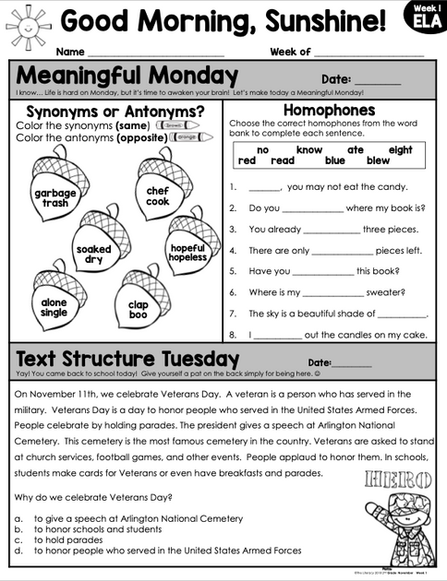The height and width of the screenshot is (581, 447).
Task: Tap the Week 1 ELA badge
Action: pyautogui.click(x=427, y=17)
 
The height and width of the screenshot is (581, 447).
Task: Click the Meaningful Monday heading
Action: pyautogui.click(x=127, y=76)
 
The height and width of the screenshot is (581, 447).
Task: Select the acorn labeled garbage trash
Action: pyautogui.click(x=54, y=193)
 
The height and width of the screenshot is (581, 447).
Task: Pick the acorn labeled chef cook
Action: pyautogui.click(x=158, y=191)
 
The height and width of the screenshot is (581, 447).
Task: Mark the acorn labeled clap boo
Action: pyautogui.click(x=139, y=307)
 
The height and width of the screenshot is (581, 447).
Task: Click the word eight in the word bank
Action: pyautogui.click(x=400, y=149)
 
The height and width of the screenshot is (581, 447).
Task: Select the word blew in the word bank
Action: pyautogui.click(x=379, y=160)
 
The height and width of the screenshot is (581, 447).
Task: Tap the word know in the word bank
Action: pyautogui.click(x=309, y=149)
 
